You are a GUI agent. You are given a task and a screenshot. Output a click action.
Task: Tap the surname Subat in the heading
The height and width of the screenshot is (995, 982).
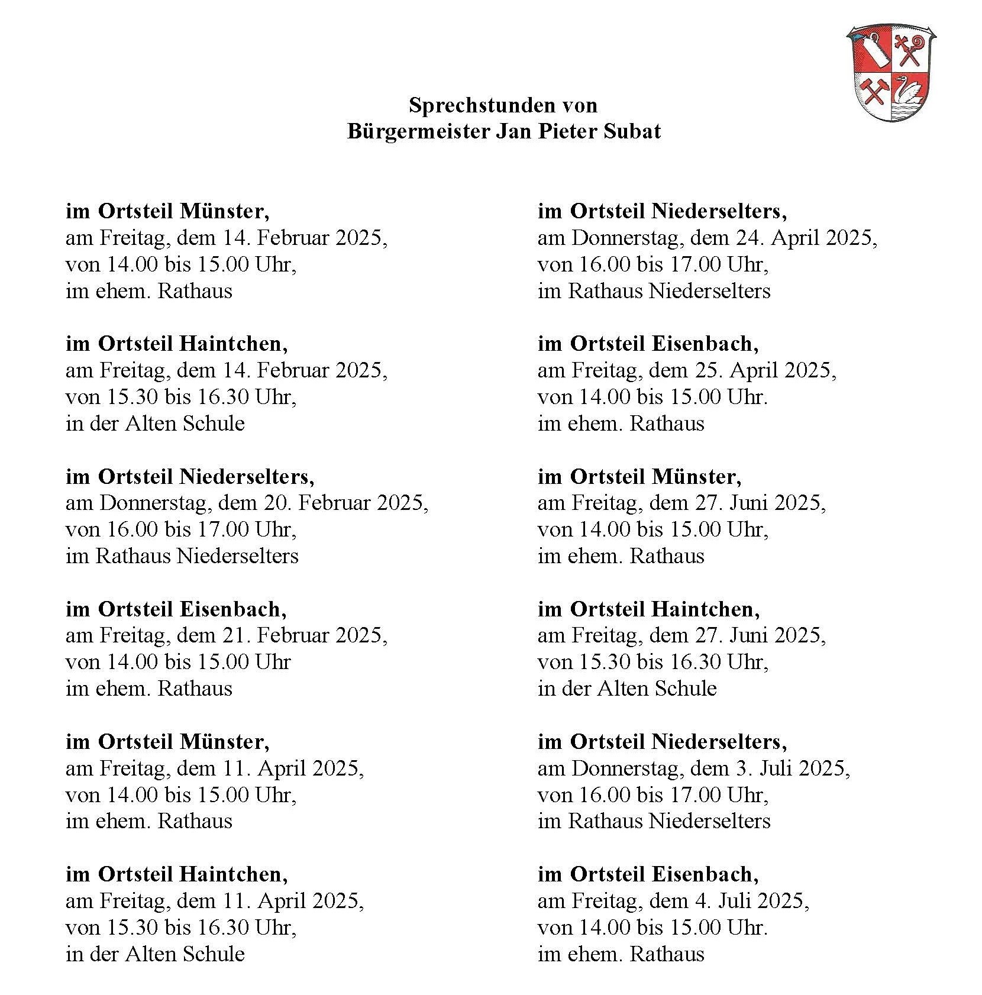[632, 131]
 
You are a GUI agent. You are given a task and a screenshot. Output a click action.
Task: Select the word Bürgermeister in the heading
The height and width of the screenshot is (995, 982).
[418, 131]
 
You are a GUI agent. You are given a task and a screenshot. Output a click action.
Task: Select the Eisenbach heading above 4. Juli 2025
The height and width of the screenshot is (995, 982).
[705, 874]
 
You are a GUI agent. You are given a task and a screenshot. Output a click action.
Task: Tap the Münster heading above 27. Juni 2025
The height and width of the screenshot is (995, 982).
[696, 476]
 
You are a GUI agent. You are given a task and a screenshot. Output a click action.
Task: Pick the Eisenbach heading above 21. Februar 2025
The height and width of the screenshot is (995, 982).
[232, 609]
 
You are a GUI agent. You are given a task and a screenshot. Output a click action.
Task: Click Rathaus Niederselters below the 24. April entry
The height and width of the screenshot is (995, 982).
[669, 290]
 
